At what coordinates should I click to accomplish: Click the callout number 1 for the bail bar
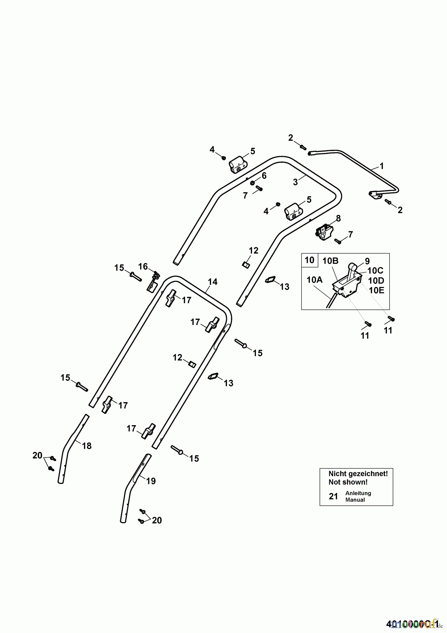point(382,166)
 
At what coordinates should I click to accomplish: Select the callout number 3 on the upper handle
point(295,182)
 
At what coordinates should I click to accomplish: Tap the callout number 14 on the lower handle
point(213,282)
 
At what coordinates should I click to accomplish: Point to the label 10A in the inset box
point(315,280)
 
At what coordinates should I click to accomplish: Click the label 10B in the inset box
point(330,261)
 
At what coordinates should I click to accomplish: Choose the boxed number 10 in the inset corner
point(310,260)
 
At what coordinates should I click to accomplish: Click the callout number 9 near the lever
point(367,261)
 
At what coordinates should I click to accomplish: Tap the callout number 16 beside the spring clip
point(143,267)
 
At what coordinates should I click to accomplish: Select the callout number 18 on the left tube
point(86,446)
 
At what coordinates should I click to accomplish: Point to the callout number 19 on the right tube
point(151,481)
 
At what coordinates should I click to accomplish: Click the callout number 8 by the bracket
point(338,218)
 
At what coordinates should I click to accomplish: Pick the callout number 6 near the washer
point(264,175)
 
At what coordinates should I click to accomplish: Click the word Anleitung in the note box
point(358,493)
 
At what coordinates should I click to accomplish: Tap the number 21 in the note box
point(333,496)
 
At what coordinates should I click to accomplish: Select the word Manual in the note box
point(355,500)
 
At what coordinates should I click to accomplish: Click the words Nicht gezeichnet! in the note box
point(358,474)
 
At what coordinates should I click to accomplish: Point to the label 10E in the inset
point(376,290)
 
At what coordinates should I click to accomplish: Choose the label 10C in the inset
point(376,270)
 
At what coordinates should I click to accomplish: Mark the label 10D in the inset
point(376,281)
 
